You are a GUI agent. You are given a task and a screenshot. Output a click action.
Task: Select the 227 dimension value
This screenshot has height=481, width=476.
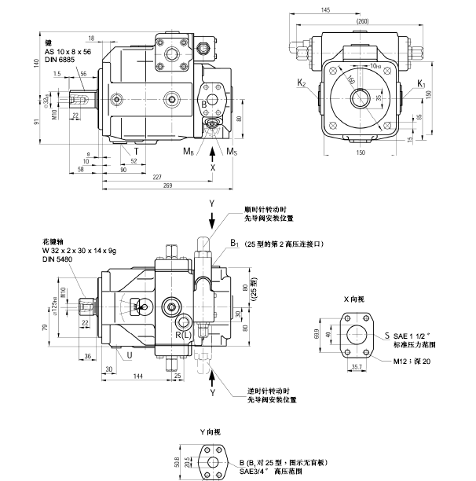pos(158,176)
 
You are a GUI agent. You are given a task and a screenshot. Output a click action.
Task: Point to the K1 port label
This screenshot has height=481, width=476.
pos(421,83)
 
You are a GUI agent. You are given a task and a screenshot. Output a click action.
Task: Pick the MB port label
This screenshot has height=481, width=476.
pos(189,150)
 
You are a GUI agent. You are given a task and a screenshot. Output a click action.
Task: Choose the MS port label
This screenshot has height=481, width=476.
pos(233,150)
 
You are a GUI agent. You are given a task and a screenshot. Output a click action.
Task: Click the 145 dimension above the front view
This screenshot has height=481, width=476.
pos(325,9)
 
